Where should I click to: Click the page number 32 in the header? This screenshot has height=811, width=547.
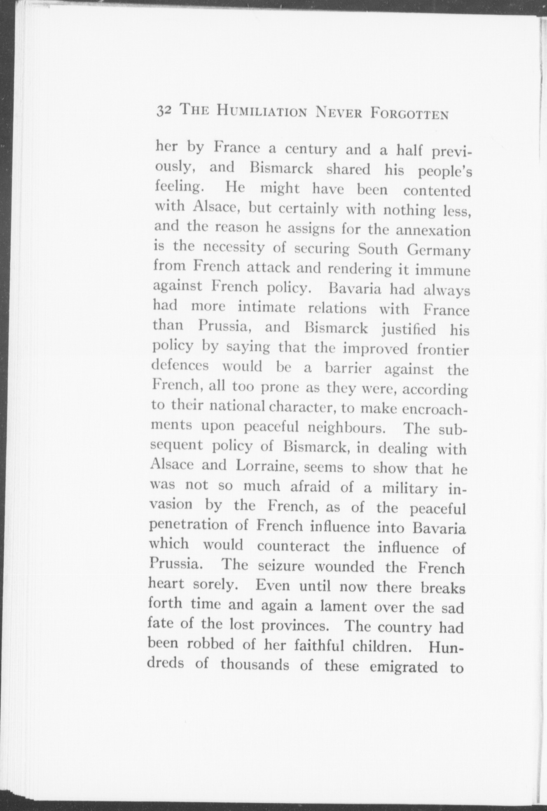164,112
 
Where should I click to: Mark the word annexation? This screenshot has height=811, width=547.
433,230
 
